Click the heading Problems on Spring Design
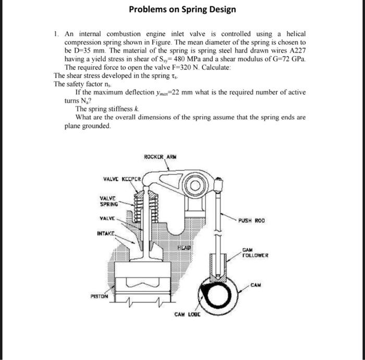click(x=182, y=9)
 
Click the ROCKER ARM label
click(x=159, y=157)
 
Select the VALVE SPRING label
click(x=108, y=201)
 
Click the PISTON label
click(x=100, y=295)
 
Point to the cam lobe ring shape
click(x=215, y=295)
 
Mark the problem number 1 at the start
click(x=56, y=33)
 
